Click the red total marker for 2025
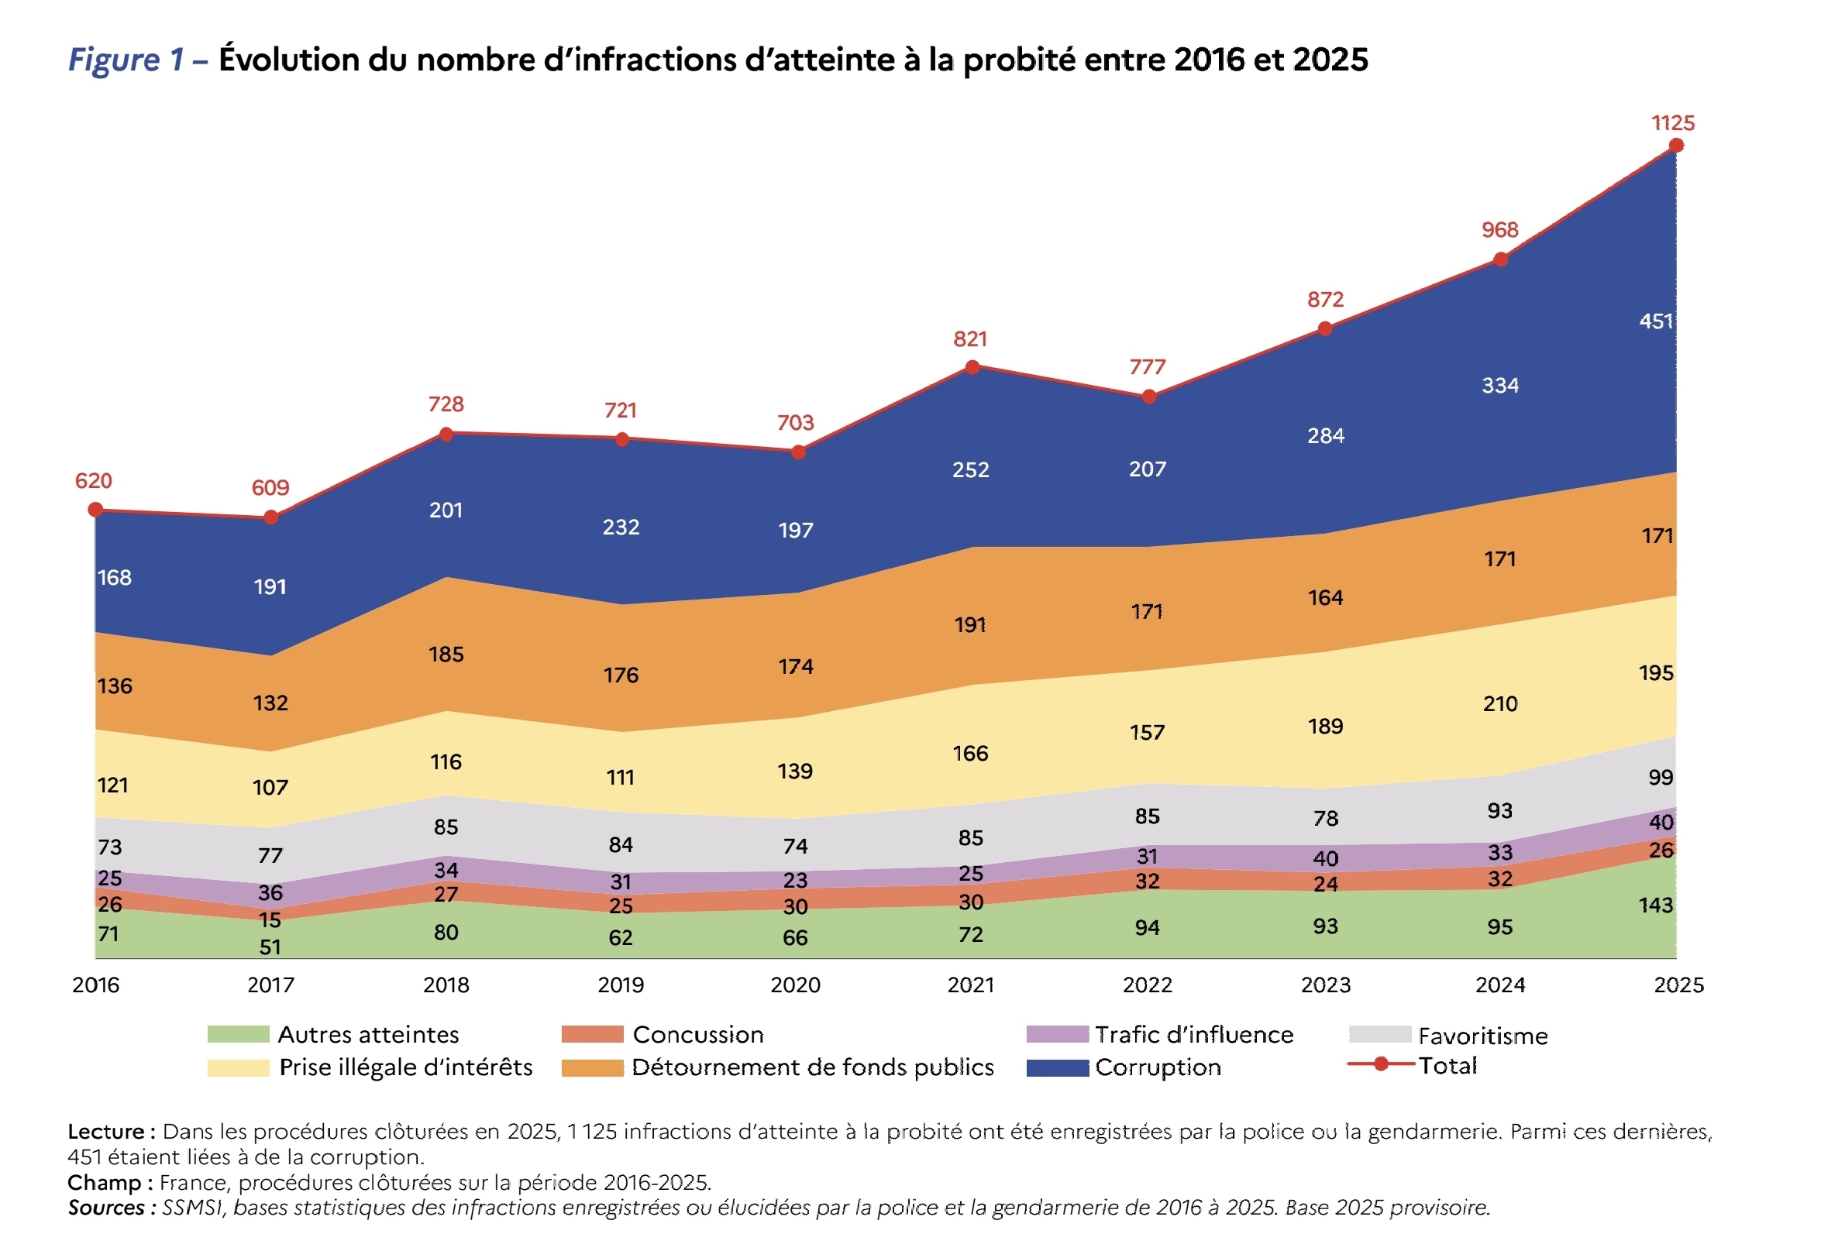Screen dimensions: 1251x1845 tap(1676, 146)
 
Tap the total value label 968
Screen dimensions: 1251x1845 tap(1499, 230)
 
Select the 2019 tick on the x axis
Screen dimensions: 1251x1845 tap(621, 985)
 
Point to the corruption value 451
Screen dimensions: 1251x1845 tap(1655, 321)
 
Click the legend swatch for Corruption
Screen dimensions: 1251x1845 tap(1057, 1067)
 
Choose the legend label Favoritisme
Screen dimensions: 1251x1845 tap(1482, 1036)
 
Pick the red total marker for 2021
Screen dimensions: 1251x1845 tap(972, 366)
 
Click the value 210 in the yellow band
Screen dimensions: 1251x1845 tap(1499, 703)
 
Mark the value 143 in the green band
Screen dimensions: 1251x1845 tap(1655, 905)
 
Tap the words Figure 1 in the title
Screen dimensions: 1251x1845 tap(126, 60)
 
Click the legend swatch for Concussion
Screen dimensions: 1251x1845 tap(592, 1034)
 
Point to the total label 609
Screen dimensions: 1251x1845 tap(270, 487)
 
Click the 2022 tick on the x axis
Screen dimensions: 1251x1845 tap(1147, 985)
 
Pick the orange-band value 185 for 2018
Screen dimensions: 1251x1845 tap(446, 654)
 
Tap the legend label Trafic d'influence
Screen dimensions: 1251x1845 tap(1194, 1034)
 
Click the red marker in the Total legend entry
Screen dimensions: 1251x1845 tap(1381, 1064)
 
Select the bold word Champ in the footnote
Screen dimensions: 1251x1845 tap(104, 1182)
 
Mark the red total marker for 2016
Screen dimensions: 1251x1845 tap(95, 510)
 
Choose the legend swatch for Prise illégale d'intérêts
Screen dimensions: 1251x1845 tap(238, 1067)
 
